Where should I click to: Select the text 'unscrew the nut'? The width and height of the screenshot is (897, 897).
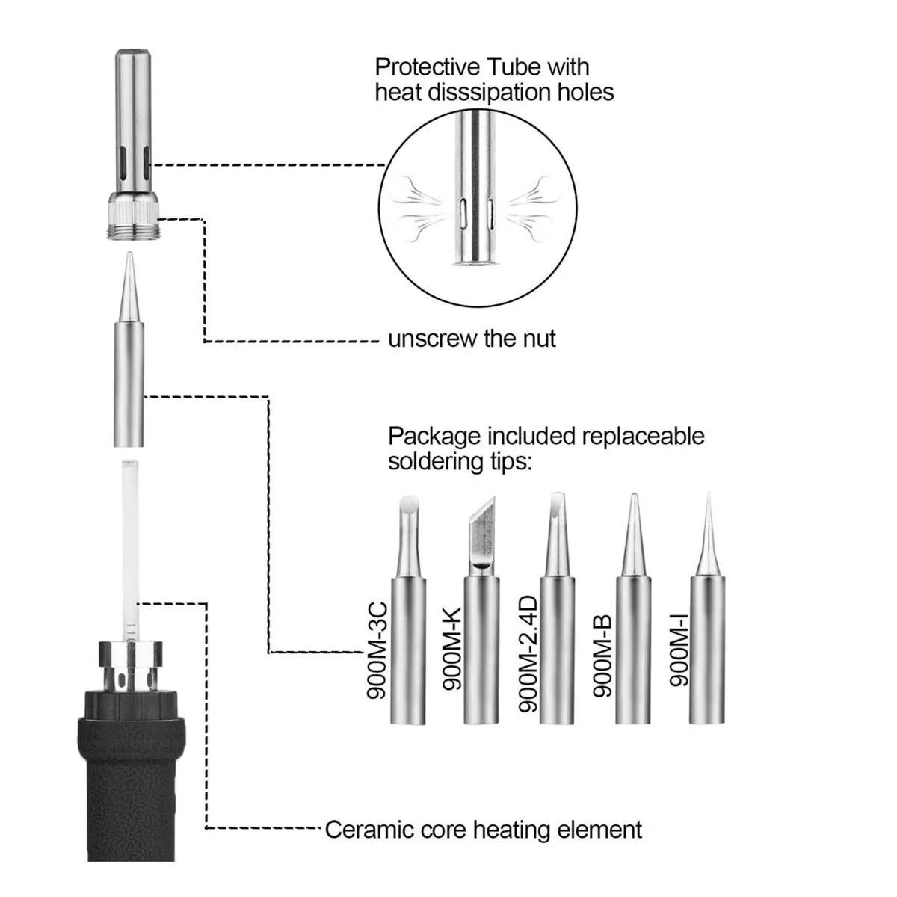pos(472,339)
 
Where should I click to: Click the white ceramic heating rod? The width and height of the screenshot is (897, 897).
pos(130,538)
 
